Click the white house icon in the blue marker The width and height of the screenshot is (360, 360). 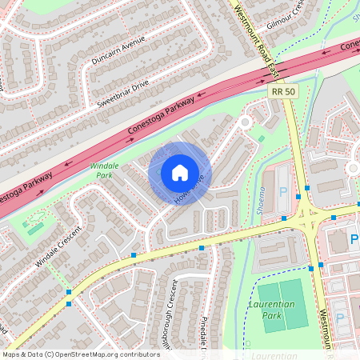tap(179, 173)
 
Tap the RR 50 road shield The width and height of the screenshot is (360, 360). tap(277, 94)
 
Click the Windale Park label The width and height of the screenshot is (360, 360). tap(105, 170)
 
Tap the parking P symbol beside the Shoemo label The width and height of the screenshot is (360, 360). tap(282, 193)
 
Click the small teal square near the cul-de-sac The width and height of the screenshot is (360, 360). tap(261, 138)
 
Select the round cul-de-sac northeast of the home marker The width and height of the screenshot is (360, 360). tap(246, 122)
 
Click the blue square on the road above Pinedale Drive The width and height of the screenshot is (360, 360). tap(202, 248)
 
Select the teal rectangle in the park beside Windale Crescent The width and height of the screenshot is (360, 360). tap(37, 228)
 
